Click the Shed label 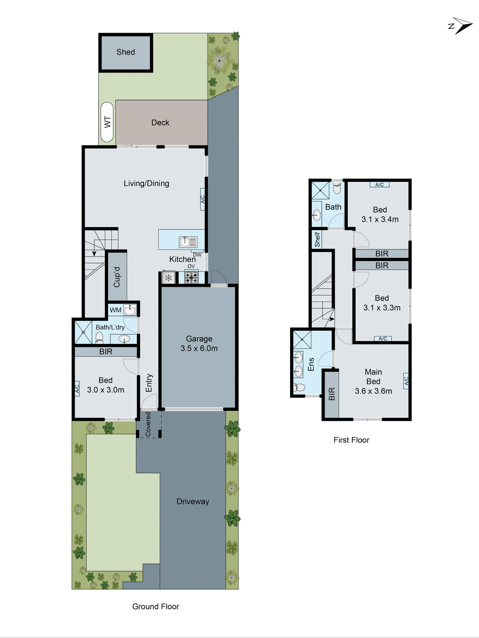coord(126,52)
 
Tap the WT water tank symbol coord(107,122)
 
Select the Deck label coord(160,123)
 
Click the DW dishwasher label coord(197,255)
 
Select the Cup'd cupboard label coord(117,277)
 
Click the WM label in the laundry coord(115,310)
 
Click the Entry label coord(149,383)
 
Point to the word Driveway coord(193,501)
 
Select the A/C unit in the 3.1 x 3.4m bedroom coord(379,185)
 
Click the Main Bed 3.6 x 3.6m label coord(373,381)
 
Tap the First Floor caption coord(351,440)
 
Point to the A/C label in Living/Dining coord(203,199)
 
